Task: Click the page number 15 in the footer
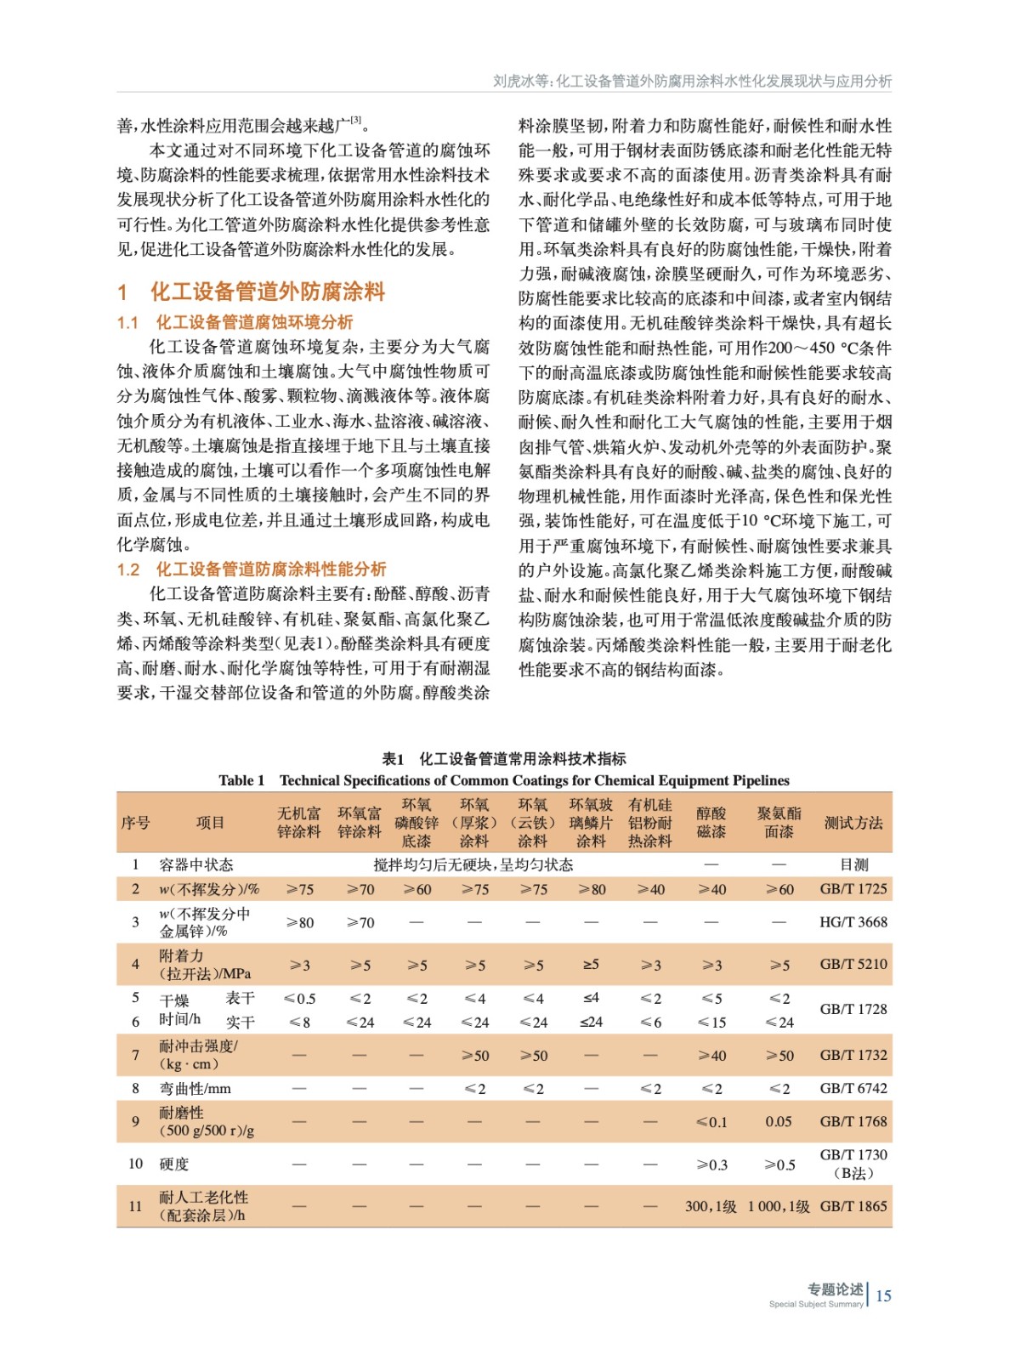[883, 1295]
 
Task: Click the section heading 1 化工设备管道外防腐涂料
[252, 292]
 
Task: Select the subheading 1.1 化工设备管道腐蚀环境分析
[235, 322]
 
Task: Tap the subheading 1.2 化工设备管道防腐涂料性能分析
[252, 569]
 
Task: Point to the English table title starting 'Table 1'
[503, 780]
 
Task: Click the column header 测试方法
[853, 822]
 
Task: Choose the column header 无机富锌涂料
[298, 822]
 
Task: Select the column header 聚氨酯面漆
[779, 822]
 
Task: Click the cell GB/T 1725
[853, 888]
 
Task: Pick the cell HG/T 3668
[853, 921]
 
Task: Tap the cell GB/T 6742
[853, 1088]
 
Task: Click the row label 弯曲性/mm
[195, 1088]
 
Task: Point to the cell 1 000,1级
[779, 1206]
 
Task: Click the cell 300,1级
[711, 1206]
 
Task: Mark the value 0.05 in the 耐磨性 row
[779, 1121]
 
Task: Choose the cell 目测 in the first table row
[853, 864]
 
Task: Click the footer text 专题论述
[835, 1289]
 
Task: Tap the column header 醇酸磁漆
[711, 822]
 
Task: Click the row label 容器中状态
[196, 864]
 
